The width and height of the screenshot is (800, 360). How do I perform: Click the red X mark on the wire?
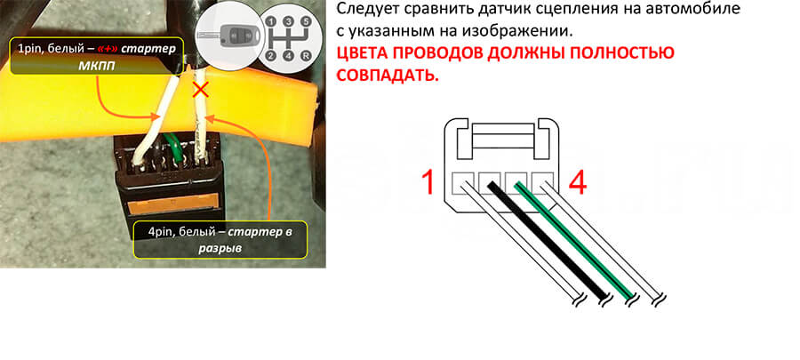click(201, 91)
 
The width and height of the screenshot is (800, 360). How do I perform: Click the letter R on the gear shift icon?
click(305, 56)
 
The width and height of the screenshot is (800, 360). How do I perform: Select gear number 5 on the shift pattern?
click(305, 21)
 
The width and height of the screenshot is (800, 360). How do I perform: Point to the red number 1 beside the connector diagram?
click(428, 182)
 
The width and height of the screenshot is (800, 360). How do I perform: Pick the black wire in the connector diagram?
click(548, 240)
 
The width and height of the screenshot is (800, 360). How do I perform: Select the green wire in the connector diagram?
click(574, 240)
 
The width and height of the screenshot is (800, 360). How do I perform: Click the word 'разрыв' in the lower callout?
click(220, 249)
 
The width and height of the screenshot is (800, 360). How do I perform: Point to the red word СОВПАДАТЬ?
click(388, 75)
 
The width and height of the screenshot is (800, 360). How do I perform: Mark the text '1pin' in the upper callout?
click(30, 49)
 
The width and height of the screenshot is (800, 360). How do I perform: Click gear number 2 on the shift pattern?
click(271, 56)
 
